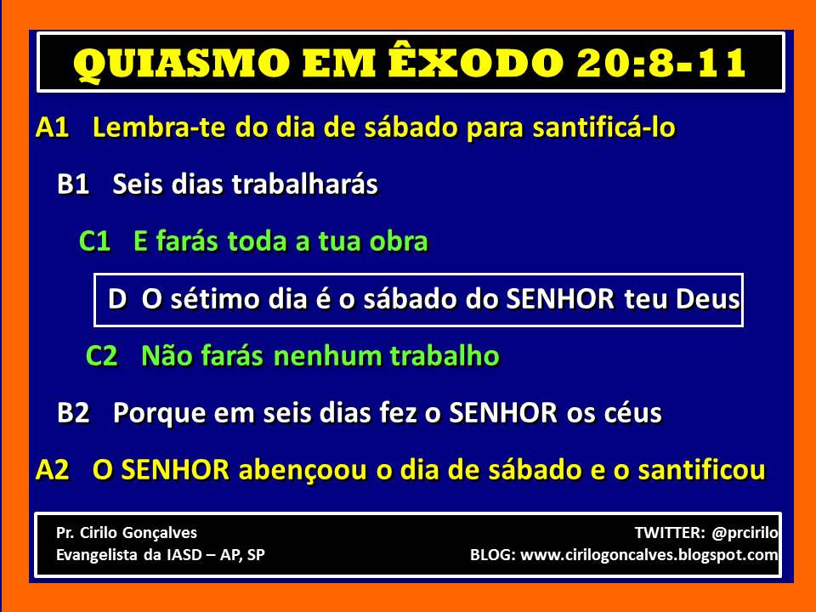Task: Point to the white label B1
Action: coord(73,184)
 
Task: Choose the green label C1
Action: coord(94,241)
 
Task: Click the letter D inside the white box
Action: coord(117,300)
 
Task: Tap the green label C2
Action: coord(102,356)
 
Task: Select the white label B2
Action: coord(73,413)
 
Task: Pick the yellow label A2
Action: coord(52,470)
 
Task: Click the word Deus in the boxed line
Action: coord(707,300)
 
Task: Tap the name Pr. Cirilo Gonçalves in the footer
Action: coord(126,533)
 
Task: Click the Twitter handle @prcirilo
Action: coord(745,533)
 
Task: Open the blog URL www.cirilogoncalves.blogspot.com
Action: coord(649,556)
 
